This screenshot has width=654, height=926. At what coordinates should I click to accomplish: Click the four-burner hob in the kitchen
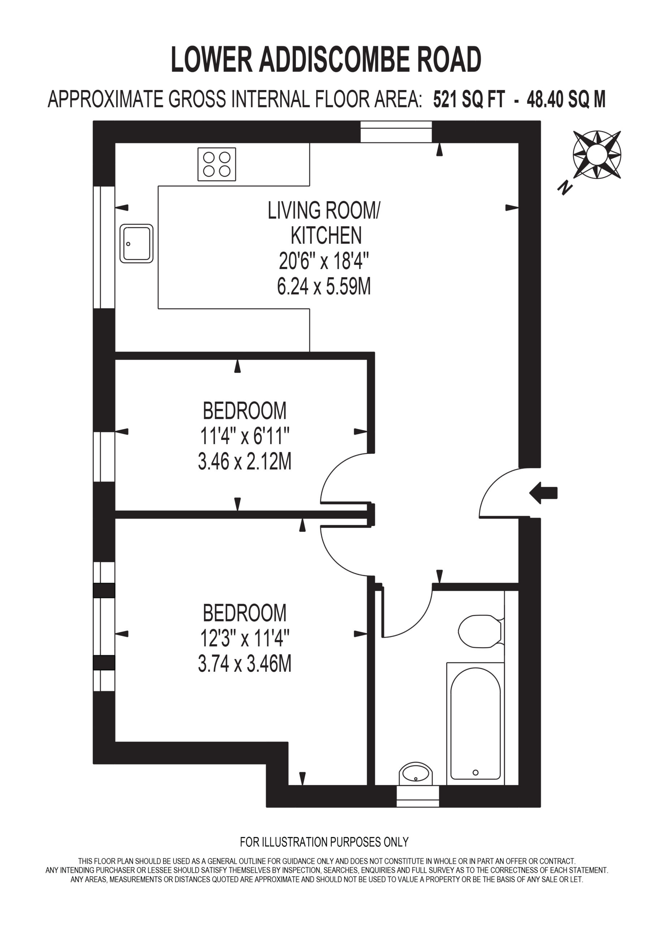(217, 164)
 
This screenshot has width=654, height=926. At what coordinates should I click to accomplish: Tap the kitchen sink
(137, 243)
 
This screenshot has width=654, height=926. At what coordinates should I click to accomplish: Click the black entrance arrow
(543, 493)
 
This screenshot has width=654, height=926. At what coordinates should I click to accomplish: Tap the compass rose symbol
(597, 155)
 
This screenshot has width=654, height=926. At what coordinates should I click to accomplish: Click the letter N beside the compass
(565, 187)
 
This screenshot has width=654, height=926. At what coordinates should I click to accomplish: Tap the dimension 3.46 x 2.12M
(245, 462)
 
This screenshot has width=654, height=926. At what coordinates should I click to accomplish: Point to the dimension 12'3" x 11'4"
(245, 638)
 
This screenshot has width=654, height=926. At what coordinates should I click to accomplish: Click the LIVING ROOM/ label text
(324, 210)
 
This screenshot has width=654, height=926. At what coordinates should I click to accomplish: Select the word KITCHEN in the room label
(326, 235)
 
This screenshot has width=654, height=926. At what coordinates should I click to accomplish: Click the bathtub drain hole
(476, 772)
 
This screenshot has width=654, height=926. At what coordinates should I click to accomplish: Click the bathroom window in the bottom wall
(417, 796)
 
